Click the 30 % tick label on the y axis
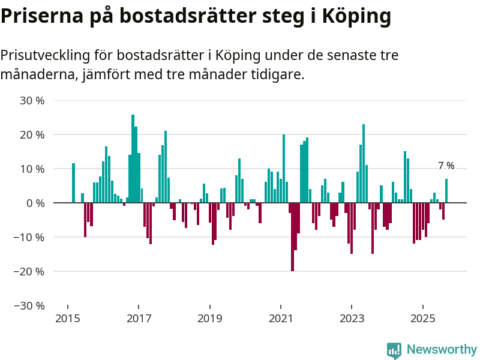[32, 101]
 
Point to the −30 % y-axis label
[30, 305]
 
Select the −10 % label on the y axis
[30, 237]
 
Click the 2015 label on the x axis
[68, 317]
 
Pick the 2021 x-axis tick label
[281, 317]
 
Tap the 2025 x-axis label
[422, 317]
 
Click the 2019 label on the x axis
[209, 317]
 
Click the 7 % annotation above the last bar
[446, 166]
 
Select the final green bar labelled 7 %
[446, 191]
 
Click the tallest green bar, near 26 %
[133, 159]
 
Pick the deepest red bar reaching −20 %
[292, 237]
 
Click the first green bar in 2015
[73, 183]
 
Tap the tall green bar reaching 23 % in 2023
[364, 163]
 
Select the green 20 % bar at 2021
[284, 169]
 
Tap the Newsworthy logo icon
[394, 350]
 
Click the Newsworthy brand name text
[442, 349]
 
